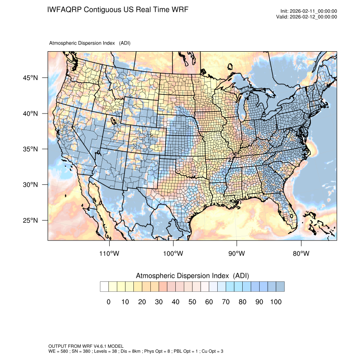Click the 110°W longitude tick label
pos(110,254)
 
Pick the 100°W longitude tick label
pos(173,254)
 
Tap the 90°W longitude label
pos(237,254)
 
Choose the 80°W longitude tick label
pos(301,254)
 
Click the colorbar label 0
pos(108,302)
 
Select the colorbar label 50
pos(192,302)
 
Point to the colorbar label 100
pos(276,302)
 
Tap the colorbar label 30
pos(159,302)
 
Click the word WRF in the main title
pos(179,9)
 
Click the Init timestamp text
pos(309,11)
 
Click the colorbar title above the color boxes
pos(192,276)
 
